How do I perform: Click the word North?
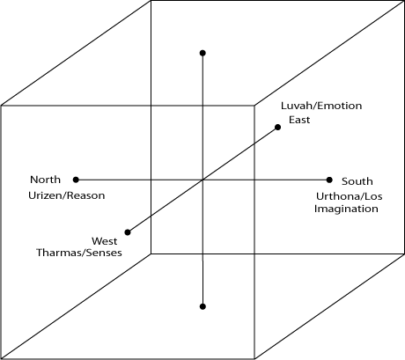point(45,180)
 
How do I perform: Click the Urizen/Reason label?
point(67,195)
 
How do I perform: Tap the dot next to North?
point(76,180)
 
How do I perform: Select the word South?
point(357,181)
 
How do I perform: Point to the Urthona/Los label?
point(350,196)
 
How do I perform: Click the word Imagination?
point(346,209)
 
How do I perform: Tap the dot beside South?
point(329,180)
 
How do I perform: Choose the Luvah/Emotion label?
point(321,106)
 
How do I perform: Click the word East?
point(299,120)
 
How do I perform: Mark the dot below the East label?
point(277,127)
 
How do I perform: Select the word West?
point(105,241)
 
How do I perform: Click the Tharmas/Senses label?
point(79,253)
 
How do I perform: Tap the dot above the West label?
point(128,232)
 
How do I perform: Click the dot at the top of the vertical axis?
point(202,53)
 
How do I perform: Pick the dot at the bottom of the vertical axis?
point(202,306)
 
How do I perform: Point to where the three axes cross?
point(202,180)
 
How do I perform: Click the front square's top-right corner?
point(254,106)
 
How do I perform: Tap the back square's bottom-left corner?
point(151,253)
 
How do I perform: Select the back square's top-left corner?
point(151,1)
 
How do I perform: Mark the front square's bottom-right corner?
point(254,358)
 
